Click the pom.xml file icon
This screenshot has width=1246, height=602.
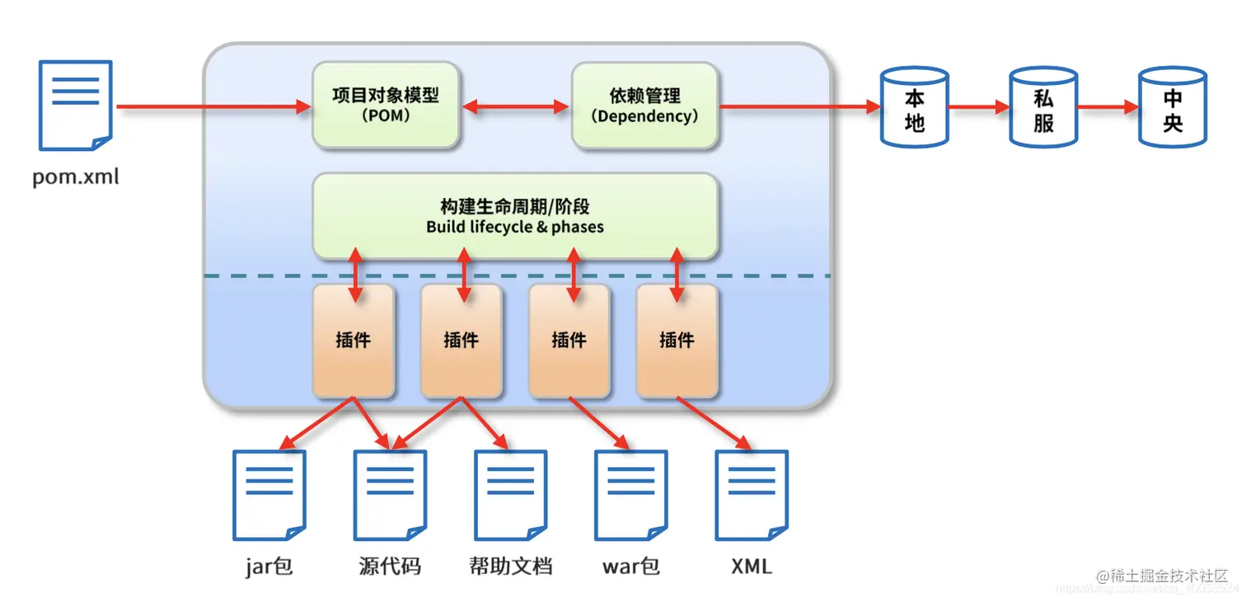pos(75,105)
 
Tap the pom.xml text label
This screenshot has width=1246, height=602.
pos(76,176)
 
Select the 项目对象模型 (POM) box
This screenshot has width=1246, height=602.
pos(386,106)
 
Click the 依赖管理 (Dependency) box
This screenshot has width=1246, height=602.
pos(644,106)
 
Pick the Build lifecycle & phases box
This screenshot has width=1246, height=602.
pos(515,216)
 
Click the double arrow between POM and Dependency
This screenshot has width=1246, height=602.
pos(515,106)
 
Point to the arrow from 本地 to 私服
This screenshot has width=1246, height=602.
pos(978,107)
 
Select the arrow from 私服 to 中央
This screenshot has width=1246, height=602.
pos(1108,107)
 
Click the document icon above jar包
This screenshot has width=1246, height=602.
pos(269,495)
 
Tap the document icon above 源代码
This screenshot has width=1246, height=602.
pos(390,495)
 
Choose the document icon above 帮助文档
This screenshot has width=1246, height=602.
pos(511,495)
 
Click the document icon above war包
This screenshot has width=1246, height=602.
pos(631,495)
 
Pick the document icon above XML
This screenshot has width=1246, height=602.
pos(752,495)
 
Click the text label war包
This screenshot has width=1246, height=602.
pos(631,567)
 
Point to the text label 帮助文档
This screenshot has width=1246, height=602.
pos(510,567)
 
